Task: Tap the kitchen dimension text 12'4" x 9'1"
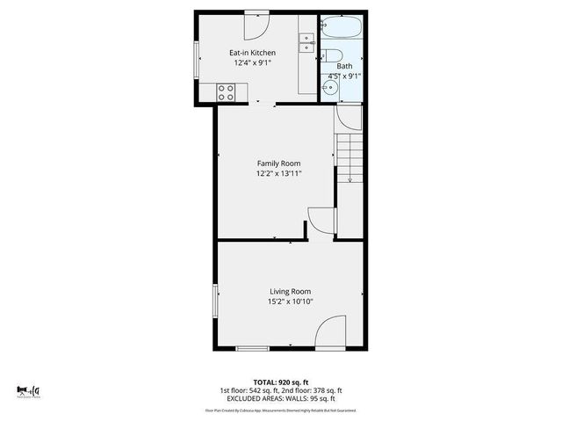(253, 63)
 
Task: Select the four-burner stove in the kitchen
(226, 91)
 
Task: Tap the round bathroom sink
(328, 86)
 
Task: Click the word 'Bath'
(344, 66)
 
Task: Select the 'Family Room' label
(278, 164)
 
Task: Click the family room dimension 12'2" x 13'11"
(278, 174)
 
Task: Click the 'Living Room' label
(290, 291)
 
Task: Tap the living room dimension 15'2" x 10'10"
(290, 302)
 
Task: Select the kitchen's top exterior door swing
(257, 24)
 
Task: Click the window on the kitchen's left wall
(197, 62)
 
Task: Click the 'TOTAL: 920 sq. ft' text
(281, 382)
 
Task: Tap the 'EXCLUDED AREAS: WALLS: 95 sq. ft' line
(281, 398)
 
